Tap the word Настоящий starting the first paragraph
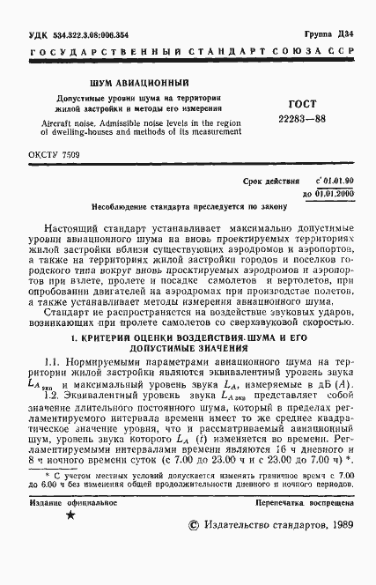click(75, 226)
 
